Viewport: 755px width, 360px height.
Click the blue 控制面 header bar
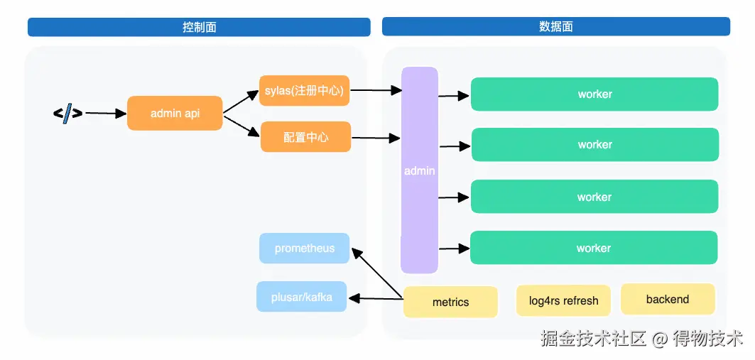tap(199, 27)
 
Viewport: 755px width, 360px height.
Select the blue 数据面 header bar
tap(555, 27)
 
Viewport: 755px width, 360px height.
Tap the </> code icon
tap(67, 113)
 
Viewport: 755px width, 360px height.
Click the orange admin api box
tap(175, 114)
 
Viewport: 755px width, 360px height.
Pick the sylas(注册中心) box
tap(305, 91)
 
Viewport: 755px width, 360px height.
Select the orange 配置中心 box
tap(305, 137)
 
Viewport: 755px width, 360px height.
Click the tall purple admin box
tap(419, 170)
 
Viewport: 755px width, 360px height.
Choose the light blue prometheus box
tap(305, 249)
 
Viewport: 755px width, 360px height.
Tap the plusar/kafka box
tap(301, 297)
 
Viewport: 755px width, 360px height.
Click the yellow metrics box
tap(450, 302)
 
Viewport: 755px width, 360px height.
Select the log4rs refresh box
tap(563, 300)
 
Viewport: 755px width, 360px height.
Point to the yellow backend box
tap(668, 299)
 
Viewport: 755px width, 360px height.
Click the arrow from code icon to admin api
tap(105, 114)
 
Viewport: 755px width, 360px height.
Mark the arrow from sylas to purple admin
tap(376, 90)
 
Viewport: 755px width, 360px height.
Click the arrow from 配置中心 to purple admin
tap(376, 137)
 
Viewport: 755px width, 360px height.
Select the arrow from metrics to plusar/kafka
tap(376, 299)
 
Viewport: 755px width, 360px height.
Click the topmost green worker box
tap(594, 94)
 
